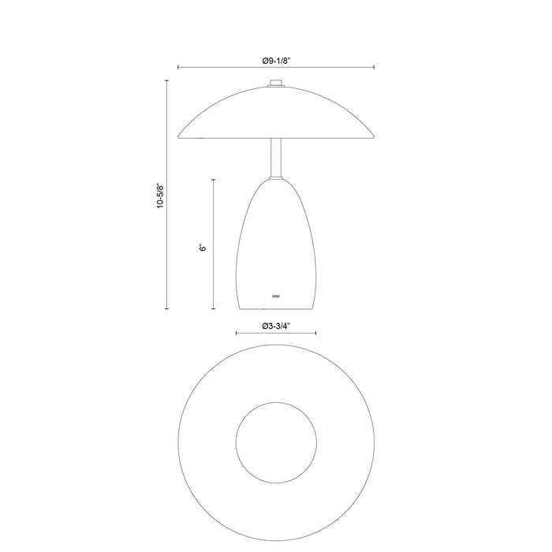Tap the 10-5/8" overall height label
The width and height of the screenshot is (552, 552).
pos(159,194)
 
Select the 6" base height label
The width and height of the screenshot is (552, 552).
pos(203,247)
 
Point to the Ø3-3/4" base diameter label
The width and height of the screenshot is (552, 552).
pos(277,326)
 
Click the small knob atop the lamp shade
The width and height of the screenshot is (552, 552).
pos(276,83)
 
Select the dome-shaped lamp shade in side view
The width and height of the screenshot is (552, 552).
pos(276,114)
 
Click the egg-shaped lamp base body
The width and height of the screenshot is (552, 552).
pos(276,244)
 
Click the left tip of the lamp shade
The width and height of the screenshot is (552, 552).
pos(181,136)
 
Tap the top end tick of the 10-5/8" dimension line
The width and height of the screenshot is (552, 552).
pos(167,80)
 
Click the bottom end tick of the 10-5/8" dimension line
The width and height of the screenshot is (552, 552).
pos(167,309)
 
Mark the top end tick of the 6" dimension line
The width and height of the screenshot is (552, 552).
pos(214,180)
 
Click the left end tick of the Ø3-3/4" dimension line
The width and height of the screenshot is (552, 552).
pos(237,335)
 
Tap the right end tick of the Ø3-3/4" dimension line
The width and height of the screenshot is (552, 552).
pos(317,335)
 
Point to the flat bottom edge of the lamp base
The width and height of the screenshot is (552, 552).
pos(276,309)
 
